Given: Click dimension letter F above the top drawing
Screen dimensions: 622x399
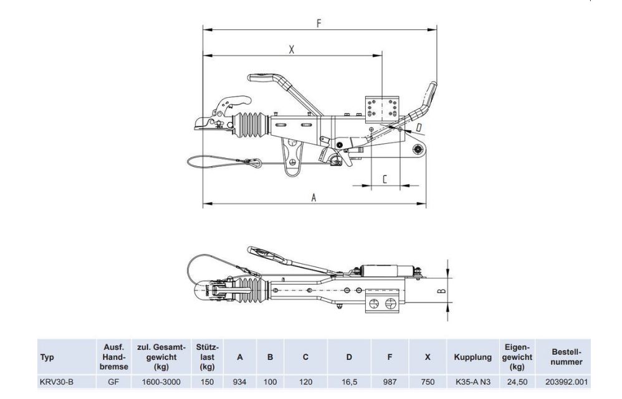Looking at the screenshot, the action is (319, 24).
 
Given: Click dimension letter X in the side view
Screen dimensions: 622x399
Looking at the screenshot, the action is (292, 50).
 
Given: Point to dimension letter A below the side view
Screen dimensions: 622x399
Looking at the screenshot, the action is (313, 197).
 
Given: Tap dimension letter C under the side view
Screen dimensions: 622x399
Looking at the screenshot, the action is (385, 179).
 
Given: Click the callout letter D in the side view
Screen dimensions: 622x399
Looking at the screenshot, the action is (418, 127).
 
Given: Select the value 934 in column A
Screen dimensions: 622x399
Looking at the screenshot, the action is (239, 382).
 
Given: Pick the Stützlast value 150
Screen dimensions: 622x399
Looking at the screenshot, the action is (207, 382).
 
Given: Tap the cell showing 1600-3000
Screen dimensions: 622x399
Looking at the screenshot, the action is (161, 382).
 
